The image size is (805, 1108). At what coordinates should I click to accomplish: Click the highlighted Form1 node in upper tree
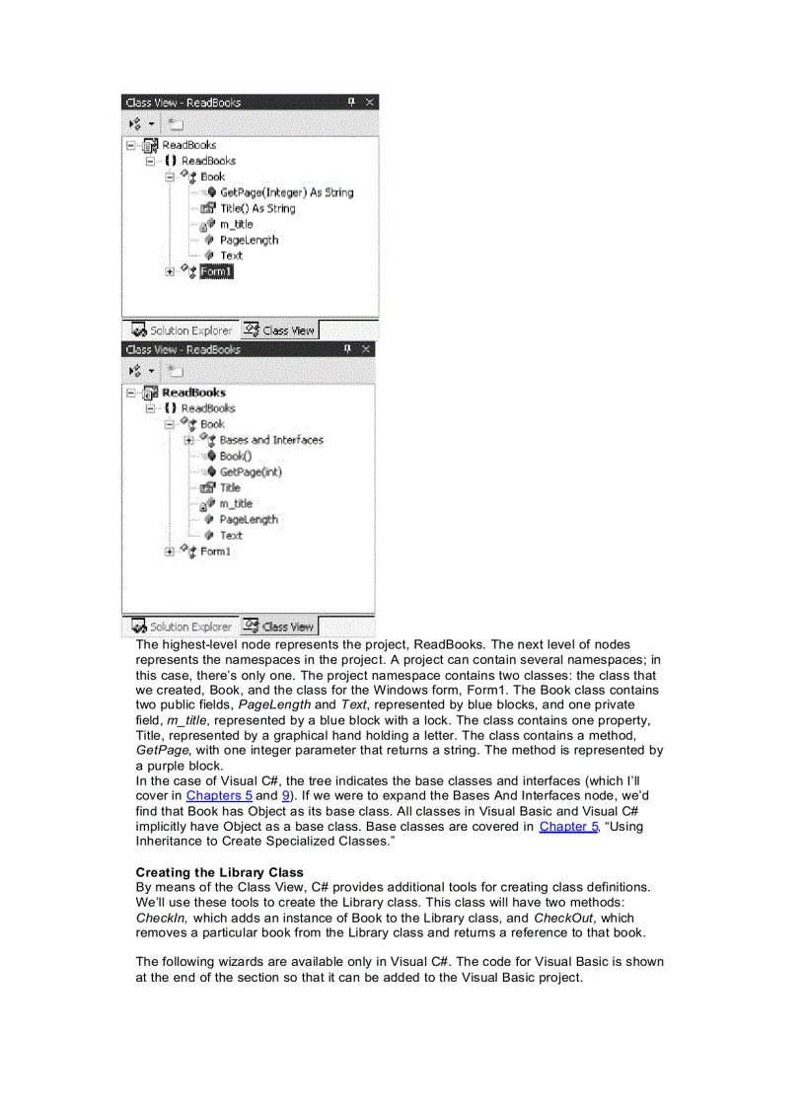point(216,271)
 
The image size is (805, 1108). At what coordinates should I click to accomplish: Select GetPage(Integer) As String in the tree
point(285,192)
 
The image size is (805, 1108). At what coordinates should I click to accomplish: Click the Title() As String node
point(256,208)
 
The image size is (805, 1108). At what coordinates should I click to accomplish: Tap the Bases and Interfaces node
point(270,440)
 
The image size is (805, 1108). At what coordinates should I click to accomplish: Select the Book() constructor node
point(235,456)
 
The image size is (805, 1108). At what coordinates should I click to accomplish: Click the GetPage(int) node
point(250,472)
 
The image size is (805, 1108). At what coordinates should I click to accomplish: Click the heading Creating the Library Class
point(219,872)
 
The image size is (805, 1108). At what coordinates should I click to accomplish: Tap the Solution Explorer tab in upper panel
point(182,331)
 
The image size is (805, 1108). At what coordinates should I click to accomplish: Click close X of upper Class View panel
point(370,103)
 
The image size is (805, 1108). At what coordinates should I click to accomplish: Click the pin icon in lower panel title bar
point(347,349)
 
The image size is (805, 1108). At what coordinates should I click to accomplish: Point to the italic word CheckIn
point(161,918)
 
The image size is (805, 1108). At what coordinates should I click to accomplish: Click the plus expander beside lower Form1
point(170,552)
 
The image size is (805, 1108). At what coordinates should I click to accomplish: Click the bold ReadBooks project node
point(193,392)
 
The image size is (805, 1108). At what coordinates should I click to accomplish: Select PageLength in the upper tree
point(249,240)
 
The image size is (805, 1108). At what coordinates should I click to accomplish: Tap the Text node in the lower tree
point(231,535)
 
